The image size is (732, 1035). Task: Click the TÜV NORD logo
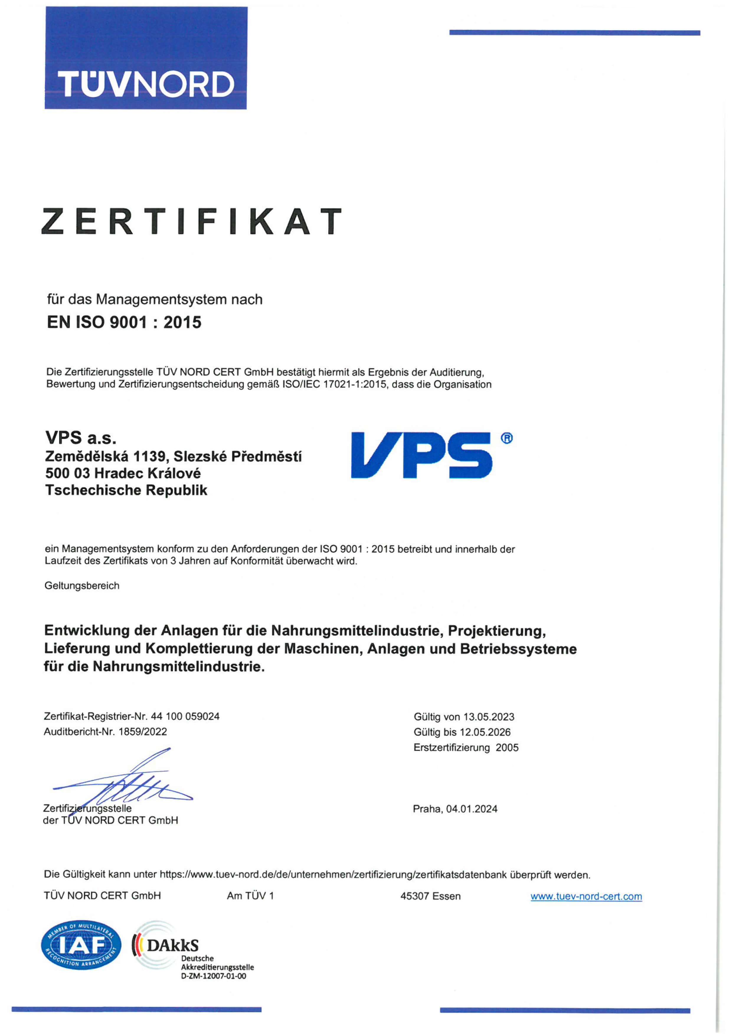[146, 58]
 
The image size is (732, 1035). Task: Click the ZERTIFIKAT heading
[191, 221]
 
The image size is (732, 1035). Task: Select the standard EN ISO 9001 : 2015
[124, 322]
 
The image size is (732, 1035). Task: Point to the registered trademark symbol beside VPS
[507, 438]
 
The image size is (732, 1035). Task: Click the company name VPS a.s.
[81, 437]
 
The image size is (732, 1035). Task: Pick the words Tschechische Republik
[126, 490]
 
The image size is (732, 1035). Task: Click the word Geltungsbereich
[82, 586]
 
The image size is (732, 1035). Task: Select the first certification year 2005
[507, 747]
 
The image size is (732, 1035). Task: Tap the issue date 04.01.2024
[472, 809]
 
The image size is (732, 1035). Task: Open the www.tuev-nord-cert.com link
[586, 896]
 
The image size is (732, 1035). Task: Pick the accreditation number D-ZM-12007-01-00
[213, 976]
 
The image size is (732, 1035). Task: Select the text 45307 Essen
[430, 896]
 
